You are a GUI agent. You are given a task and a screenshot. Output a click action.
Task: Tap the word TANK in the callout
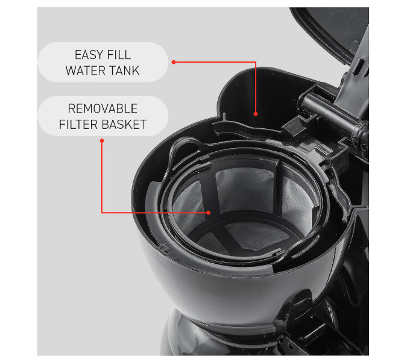click(124, 70)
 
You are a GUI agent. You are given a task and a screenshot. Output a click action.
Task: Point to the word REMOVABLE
click(103, 109)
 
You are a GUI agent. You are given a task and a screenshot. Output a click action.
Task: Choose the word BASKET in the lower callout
click(124, 125)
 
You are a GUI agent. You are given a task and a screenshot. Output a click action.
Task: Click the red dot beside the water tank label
click(173, 61)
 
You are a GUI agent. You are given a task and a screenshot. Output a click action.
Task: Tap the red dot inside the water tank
click(256, 113)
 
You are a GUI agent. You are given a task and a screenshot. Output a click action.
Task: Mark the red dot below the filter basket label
click(102, 141)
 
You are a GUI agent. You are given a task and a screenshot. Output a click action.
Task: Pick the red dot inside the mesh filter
click(208, 212)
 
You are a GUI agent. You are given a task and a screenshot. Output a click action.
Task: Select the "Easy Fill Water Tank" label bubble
click(103, 62)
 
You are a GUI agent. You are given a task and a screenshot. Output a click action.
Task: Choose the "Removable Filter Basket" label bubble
click(103, 117)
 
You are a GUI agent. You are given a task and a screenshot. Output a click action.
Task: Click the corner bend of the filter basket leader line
click(102, 212)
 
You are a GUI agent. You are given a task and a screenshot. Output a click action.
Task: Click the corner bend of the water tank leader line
click(256, 61)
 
